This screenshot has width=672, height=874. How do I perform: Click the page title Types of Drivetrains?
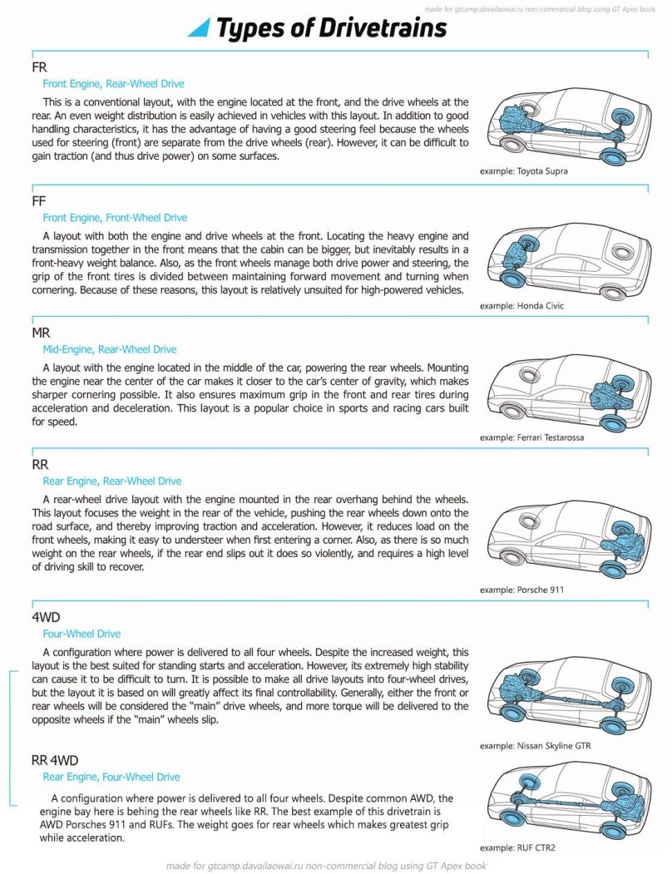331,28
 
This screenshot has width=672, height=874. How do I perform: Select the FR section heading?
39,67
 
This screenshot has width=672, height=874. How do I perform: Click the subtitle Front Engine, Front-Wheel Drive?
115,218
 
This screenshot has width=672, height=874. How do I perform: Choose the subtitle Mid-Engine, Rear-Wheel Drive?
110,349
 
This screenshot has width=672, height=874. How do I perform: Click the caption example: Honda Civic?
521,305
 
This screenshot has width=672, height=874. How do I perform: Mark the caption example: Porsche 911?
521,590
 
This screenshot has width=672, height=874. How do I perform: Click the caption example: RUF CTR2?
516,847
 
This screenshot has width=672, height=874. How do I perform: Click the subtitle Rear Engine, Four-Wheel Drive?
111,777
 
